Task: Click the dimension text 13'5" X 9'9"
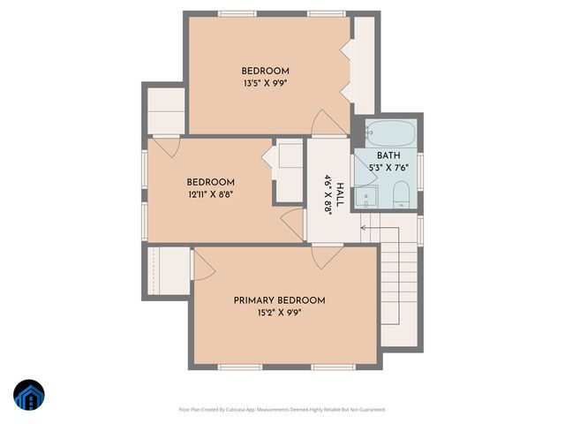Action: coord(266,84)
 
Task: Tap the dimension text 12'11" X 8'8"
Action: coord(210,195)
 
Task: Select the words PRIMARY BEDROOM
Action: coord(279,300)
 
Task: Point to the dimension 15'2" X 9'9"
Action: coord(279,313)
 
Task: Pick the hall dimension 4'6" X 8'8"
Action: coord(327,193)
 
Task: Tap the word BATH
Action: coord(388,155)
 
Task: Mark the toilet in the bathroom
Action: coord(400,194)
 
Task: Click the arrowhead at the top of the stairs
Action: coord(364,228)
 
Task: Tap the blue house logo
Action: coord(28,396)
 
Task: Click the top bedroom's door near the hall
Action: coord(323,124)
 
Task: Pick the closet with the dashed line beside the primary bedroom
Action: coord(167,273)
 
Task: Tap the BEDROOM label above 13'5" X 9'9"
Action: coord(266,72)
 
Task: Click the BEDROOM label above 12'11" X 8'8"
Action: coord(210,183)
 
